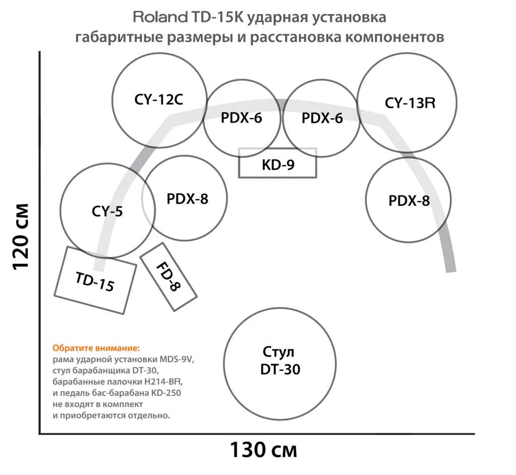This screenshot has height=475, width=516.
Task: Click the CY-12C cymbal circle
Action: [x=159, y=99]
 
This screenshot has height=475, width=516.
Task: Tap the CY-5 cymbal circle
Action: [x=107, y=212]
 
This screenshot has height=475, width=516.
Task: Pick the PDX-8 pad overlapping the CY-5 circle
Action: [x=187, y=198]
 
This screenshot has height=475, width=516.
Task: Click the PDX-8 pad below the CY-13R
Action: [x=409, y=201]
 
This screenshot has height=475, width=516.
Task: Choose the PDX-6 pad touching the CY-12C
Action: [x=242, y=118]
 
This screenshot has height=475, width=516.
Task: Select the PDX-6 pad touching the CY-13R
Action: [x=321, y=118]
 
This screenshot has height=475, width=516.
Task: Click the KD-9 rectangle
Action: [x=278, y=164]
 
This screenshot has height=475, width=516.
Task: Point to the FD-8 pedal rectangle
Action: [x=169, y=277]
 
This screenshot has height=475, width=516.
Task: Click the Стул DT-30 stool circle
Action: [x=280, y=361]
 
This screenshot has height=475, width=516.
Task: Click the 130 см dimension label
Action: [x=264, y=449]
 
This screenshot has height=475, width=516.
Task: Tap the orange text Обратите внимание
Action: [x=96, y=348]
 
